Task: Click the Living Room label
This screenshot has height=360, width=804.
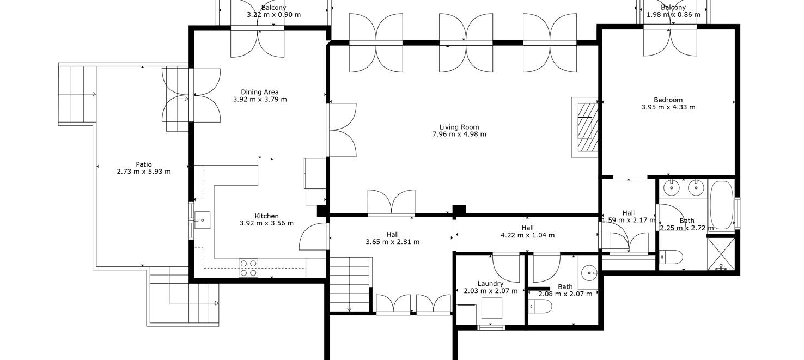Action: (459, 127)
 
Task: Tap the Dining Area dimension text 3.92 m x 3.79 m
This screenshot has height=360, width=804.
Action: (260, 100)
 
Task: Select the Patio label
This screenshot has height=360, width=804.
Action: (144, 164)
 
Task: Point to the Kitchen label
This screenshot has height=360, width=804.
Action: (267, 216)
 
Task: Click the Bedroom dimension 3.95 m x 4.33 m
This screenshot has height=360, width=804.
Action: (668, 107)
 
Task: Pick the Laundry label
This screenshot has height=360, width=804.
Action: (490, 284)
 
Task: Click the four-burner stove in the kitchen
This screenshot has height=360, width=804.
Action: (248, 268)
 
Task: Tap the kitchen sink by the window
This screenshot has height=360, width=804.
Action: (202, 220)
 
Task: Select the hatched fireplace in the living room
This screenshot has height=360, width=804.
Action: (588, 127)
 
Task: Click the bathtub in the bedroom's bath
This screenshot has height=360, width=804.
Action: (722, 205)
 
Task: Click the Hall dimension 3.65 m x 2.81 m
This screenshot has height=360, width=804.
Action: (393, 242)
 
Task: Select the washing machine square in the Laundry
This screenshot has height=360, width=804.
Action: (491, 308)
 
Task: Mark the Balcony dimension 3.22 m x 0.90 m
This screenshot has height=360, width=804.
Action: (274, 15)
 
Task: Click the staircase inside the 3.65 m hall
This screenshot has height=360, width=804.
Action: (350, 284)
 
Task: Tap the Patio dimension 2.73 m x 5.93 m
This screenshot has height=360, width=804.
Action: (144, 172)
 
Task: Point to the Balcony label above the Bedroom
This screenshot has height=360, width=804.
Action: (673, 7)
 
